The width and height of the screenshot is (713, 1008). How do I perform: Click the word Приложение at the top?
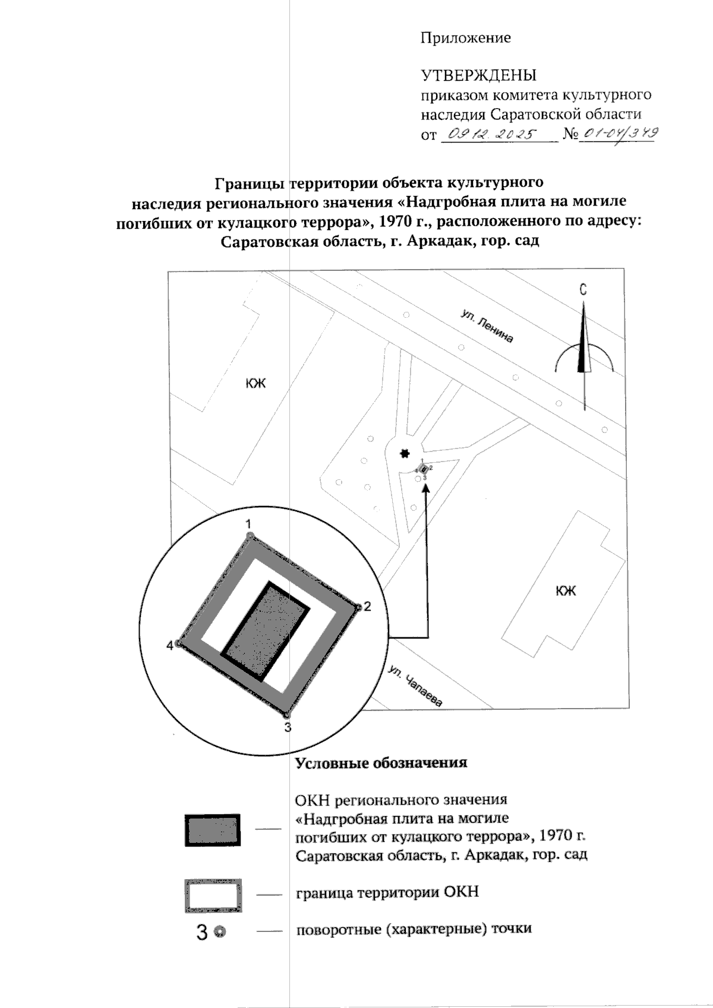(x=465, y=39)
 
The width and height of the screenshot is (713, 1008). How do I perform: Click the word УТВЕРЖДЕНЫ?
(x=479, y=75)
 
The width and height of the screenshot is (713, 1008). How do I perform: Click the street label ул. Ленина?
(x=487, y=326)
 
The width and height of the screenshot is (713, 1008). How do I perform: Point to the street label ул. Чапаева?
(x=416, y=687)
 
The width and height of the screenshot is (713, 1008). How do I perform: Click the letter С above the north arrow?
(x=583, y=290)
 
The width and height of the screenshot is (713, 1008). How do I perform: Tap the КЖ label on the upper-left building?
(x=256, y=383)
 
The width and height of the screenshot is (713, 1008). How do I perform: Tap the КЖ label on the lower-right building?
(x=566, y=591)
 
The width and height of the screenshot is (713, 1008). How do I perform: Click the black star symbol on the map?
(x=405, y=454)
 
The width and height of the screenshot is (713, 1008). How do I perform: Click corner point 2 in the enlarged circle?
(x=358, y=608)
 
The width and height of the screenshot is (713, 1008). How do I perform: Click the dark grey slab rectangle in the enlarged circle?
(x=266, y=631)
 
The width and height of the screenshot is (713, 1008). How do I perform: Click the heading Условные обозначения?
(x=381, y=763)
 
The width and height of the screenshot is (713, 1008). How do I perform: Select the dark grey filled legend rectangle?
(x=213, y=830)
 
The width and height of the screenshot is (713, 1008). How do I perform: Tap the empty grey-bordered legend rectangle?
(x=213, y=895)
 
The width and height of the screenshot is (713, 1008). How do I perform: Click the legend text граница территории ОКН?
(x=387, y=892)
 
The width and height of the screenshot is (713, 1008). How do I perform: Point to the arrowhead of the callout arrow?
(x=426, y=489)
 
